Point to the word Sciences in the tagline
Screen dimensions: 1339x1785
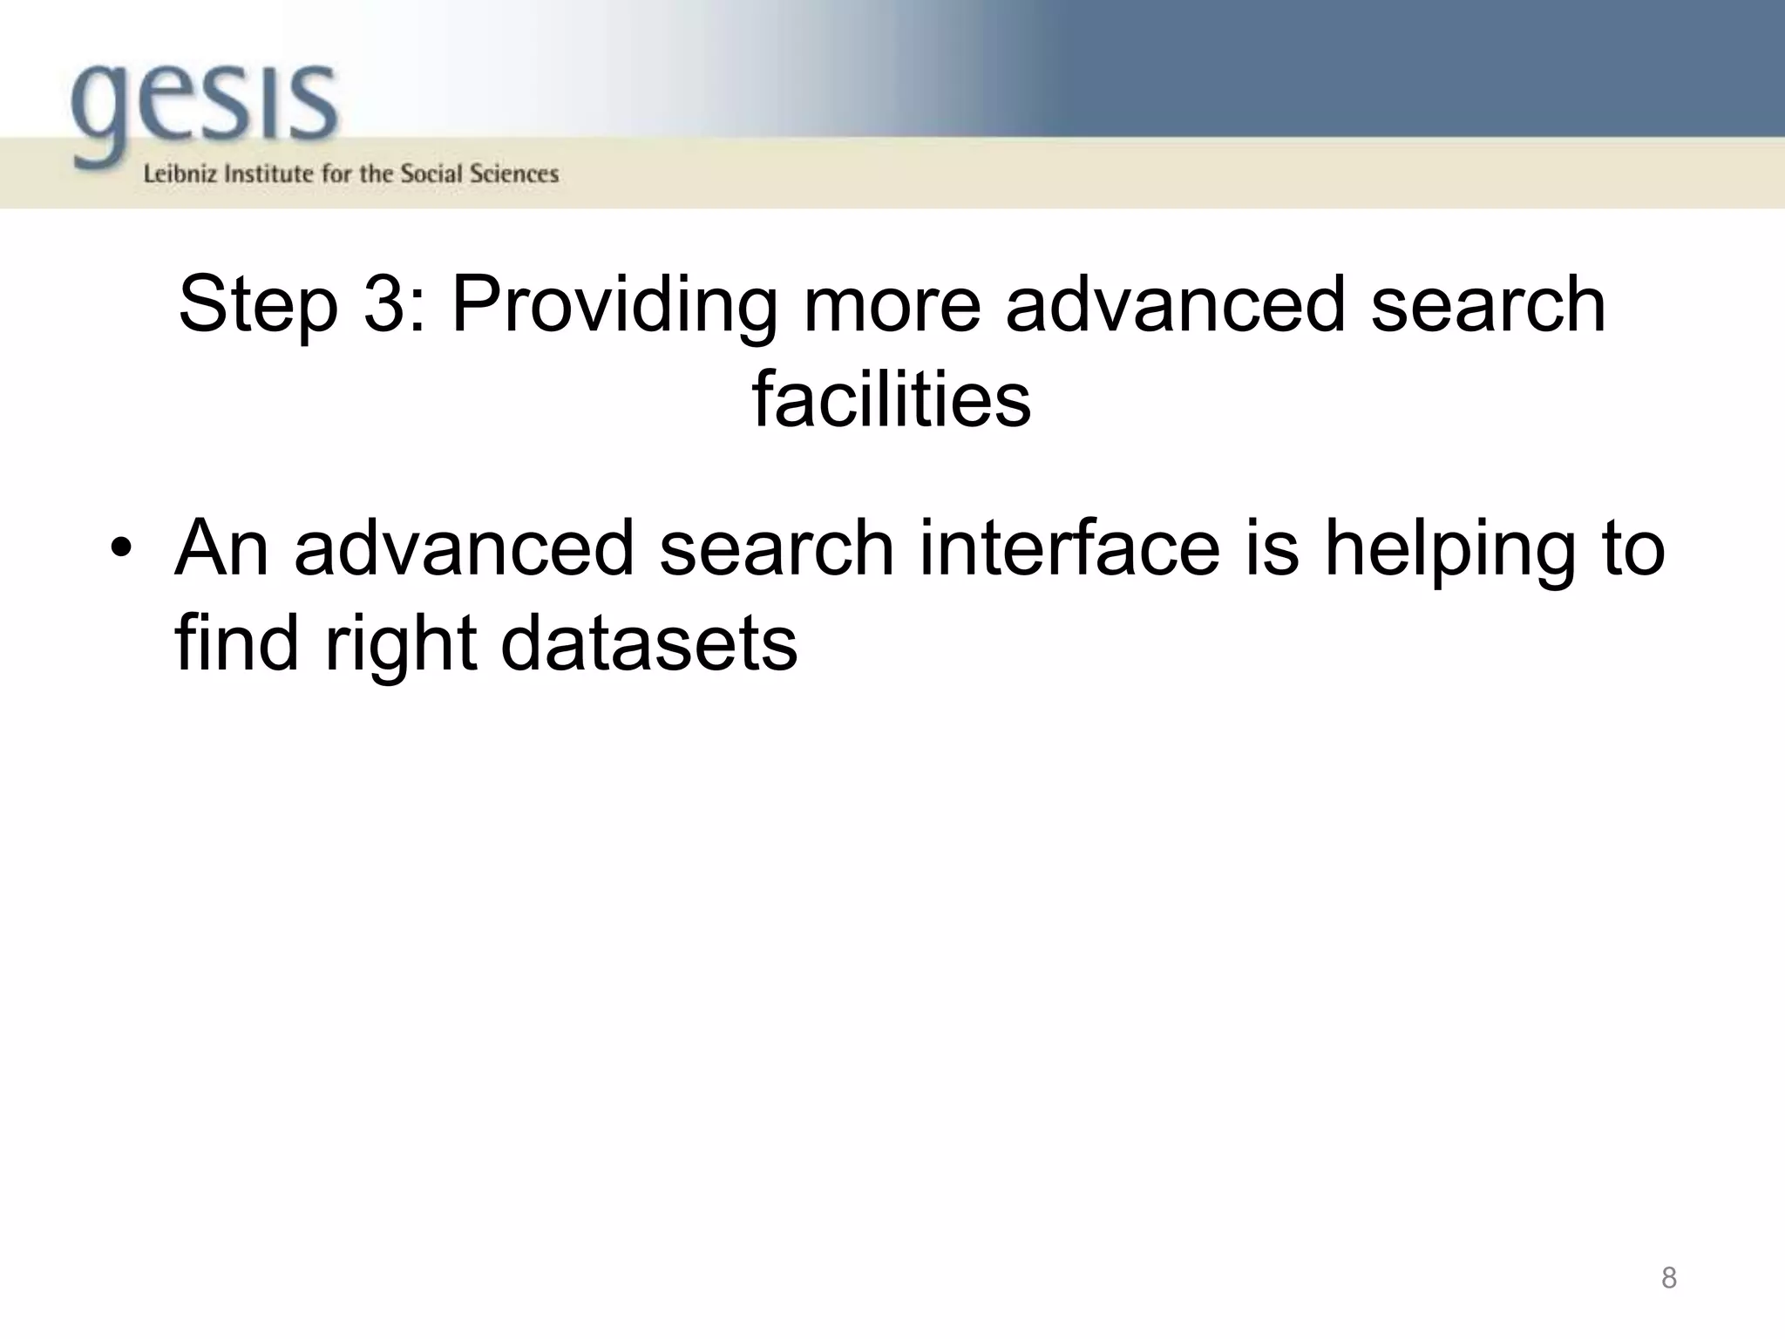(x=514, y=174)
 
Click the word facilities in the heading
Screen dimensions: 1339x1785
(x=892, y=399)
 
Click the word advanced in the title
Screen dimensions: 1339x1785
(x=1176, y=305)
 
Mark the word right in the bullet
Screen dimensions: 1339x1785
(x=400, y=645)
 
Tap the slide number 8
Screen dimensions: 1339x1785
(x=1668, y=1278)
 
